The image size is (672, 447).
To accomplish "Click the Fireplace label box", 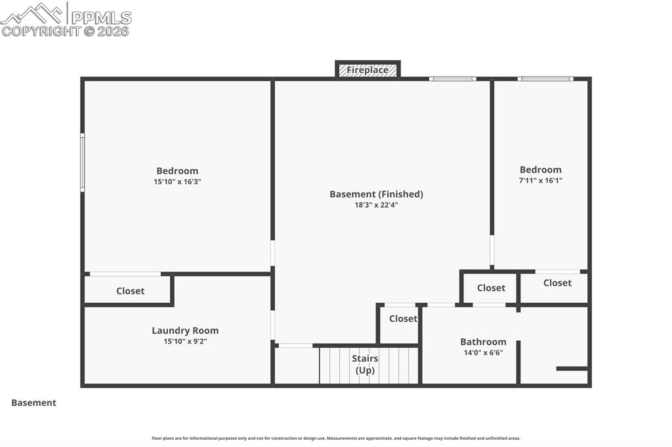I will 367,69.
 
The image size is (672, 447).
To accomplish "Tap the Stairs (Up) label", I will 365,364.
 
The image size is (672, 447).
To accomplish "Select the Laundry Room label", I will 185,330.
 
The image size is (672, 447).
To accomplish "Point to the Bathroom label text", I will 483,341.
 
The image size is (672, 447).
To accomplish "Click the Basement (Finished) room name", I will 376,194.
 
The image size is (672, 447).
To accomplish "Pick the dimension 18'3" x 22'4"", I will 376,205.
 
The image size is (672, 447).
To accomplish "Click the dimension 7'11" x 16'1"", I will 541,180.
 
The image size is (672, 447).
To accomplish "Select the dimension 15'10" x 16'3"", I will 177,182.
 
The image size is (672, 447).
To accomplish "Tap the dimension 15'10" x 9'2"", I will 185,341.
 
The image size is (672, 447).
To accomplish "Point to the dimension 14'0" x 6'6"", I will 483,353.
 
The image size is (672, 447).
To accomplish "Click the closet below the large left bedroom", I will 130,291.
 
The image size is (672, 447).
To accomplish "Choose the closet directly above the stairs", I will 402,319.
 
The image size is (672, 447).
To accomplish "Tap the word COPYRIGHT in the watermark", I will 41,31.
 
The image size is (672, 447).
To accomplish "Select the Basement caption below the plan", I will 33,403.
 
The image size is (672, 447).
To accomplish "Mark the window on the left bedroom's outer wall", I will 83,163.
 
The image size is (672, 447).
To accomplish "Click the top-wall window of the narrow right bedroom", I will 545,79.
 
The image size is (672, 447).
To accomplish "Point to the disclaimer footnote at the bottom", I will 336,438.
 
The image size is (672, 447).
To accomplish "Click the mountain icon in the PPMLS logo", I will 33,13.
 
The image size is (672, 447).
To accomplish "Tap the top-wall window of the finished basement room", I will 453,79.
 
